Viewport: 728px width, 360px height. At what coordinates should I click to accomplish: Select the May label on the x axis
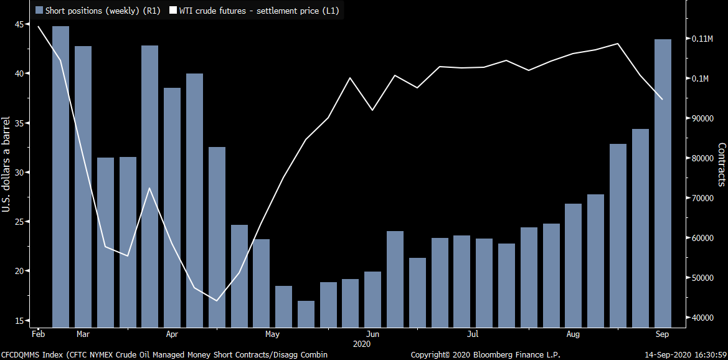point(272,334)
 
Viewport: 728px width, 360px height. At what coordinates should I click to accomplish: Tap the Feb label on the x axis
point(39,334)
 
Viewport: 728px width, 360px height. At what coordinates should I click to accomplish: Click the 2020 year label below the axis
point(362,344)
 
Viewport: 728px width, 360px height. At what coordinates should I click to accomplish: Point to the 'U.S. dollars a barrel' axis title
point(6,164)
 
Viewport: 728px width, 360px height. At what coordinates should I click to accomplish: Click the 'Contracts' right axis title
point(722,164)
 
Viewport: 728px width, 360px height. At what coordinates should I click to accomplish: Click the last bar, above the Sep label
point(663,183)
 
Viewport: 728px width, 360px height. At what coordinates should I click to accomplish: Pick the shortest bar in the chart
point(306,314)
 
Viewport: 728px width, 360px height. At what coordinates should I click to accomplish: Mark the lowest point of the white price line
point(217,301)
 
